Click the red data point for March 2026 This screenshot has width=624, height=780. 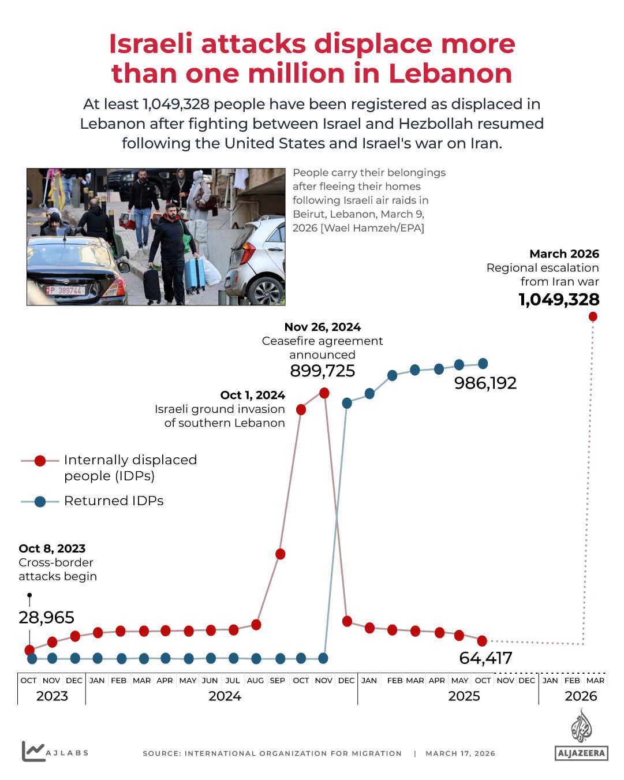pos(593,316)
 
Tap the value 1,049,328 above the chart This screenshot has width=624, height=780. pos(559,300)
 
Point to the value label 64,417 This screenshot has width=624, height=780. pos(485,658)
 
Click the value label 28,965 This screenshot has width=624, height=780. pos(46,618)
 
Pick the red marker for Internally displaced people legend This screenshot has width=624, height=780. pos(40,461)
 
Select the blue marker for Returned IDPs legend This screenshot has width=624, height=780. pos(40,501)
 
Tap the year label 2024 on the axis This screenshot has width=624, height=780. pos(225,696)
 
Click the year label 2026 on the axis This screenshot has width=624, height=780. pos(581,696)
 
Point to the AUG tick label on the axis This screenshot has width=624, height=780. pos(255,681)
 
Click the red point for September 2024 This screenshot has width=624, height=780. pos(281,554)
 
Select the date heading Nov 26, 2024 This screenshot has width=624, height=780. pos(322,327)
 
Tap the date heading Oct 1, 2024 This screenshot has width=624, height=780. pos(252,395)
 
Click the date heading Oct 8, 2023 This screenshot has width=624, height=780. pos(52,548)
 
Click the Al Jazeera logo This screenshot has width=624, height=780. pos(581,736)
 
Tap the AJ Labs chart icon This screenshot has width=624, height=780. pos(33,751)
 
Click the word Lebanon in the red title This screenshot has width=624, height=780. pos(450,74)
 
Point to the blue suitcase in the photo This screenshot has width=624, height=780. pos(195,274)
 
